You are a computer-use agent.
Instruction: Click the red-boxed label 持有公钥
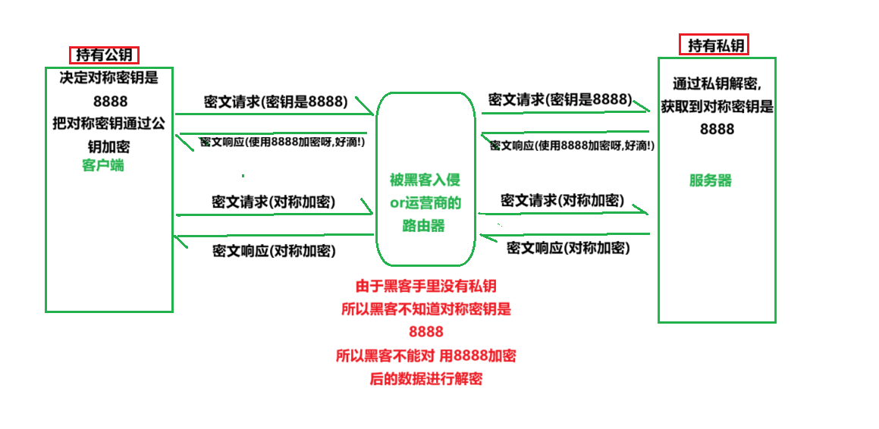pos(105,55)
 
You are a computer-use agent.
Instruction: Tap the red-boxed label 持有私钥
pos(714,45)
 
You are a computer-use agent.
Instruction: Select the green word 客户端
pos(103,165)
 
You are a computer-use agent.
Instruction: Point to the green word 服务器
pos(711,180)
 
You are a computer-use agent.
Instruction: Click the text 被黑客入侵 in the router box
pos(425,180)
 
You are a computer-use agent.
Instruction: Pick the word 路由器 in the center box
pos(425,226)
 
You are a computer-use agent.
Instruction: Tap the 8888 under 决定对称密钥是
pos(110,102)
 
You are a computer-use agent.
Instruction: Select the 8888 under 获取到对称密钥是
pos(717,129)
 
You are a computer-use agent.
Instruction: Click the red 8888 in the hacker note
pos(425,332)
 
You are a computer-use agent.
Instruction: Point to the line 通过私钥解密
pos(717,83)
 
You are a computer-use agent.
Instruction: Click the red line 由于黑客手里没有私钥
pos(426,287)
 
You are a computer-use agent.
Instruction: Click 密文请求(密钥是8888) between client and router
pos(275,101)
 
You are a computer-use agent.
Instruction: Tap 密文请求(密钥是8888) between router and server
pos(560,99)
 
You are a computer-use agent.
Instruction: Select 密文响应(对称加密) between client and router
pos(274,250)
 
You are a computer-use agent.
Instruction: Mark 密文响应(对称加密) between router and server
pos(568,247)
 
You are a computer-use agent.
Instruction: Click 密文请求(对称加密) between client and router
pos(274,202)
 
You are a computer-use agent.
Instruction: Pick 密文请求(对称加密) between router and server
pos(562,201)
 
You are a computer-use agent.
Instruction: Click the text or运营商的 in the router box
pos(425,203)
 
